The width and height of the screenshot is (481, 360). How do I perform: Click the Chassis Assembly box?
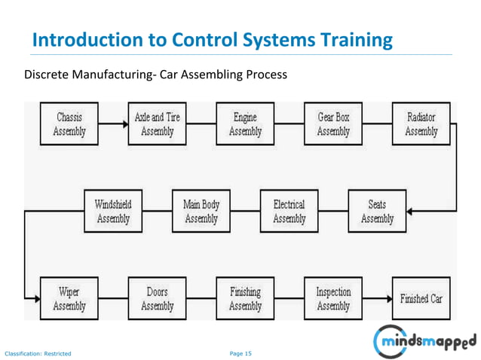(x=69, y=124)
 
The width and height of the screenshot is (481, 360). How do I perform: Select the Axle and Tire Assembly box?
(x=157, y=124)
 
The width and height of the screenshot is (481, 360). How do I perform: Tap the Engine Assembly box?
(x=245, y=124)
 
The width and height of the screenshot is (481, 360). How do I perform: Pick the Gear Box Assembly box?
(x=333, y=124)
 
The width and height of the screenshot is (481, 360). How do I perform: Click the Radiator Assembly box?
(x=421, y=124)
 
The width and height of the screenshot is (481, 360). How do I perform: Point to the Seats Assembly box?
(x=377, y=212)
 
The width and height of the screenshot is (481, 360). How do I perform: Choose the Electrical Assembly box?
(x=289, y=212)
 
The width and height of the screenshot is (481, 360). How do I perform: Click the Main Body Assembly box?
(x=201, y=212)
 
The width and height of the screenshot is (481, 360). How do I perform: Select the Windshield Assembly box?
(x=113, y=212)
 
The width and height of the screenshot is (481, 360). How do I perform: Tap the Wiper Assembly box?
(x=69, y=299)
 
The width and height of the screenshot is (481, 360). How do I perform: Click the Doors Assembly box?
(x=157, y=299)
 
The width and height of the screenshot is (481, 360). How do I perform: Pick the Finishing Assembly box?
(x=245, y=299)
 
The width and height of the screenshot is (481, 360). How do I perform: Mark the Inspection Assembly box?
(x=333, y=299)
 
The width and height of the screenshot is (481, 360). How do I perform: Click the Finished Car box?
(x=421, y=299)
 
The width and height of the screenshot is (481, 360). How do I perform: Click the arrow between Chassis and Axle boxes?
(x=113, y=124)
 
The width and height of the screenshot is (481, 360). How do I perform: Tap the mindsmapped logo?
(x=425, y=341)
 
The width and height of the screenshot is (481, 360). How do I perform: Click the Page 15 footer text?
(x=240, y=352)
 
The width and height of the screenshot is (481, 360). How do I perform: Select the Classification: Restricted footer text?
(x=38, y=352)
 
